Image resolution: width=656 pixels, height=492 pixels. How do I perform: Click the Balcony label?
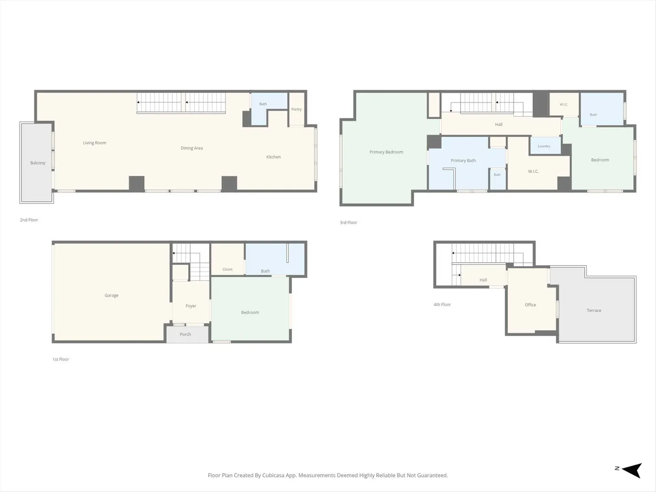coord(38,163)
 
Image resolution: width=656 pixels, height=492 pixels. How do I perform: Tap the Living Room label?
coord(94,143)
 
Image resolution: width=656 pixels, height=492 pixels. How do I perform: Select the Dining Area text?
coord(192,148)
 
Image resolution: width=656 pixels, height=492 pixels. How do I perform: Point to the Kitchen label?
coord(273,157)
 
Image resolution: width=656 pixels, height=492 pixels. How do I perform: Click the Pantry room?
coord(297,109)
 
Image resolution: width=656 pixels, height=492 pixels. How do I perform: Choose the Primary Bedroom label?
coord(386,152)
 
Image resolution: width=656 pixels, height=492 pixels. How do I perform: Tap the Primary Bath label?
coord(463,160)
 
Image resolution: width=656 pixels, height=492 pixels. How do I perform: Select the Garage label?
coord(112,295)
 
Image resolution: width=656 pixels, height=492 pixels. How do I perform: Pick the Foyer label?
coord(191,306)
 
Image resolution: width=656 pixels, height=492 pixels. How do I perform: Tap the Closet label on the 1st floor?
coord(227,269)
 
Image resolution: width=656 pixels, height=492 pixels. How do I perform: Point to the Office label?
coord(530,305)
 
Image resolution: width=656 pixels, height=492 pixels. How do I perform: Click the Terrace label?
coord(594,310)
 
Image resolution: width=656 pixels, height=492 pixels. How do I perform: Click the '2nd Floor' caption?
coord(29,220)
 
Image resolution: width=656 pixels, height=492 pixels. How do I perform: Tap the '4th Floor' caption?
coord(442,304)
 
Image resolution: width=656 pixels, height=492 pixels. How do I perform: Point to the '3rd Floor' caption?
coord(348,223)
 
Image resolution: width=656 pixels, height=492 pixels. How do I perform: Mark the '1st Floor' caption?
coord(61,359)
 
